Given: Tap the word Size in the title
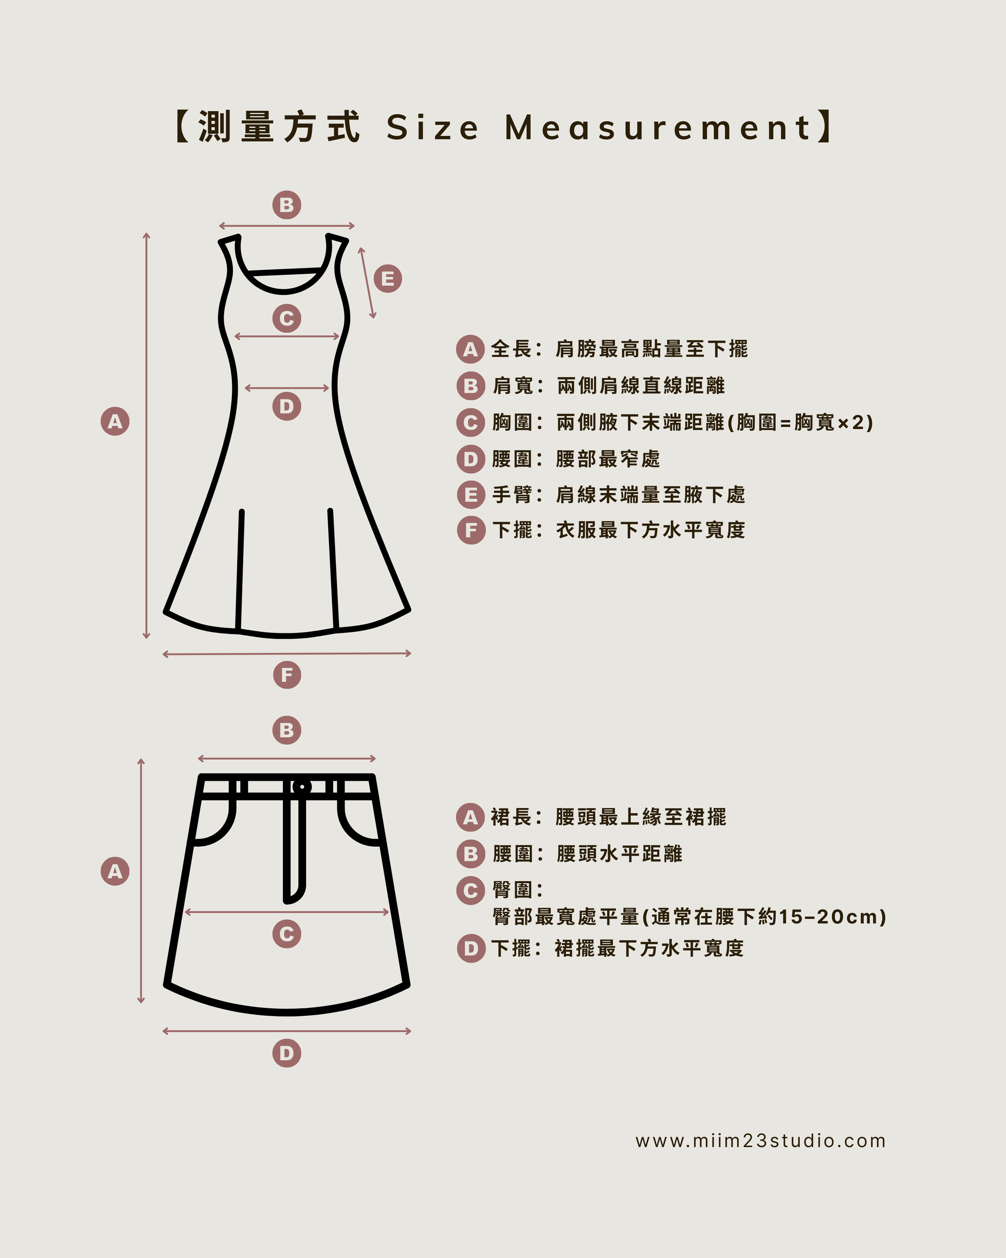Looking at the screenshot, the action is point(432,127).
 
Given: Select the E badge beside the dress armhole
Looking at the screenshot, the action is point(388,278).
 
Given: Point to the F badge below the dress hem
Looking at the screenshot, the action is point(287,675).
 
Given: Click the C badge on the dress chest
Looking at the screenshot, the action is point(287,318).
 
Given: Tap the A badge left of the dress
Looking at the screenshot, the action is point(115,421).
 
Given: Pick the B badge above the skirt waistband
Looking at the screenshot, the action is point(287,730).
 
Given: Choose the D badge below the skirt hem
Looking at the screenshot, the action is point(287,1053).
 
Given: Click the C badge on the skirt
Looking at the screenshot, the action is point(287,934).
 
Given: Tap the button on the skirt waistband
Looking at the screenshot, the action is point(302,787).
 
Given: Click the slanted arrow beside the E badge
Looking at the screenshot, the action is point(367,283).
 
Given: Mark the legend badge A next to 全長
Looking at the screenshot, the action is point(471,349).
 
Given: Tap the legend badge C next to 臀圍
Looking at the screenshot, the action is point(471,890).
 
